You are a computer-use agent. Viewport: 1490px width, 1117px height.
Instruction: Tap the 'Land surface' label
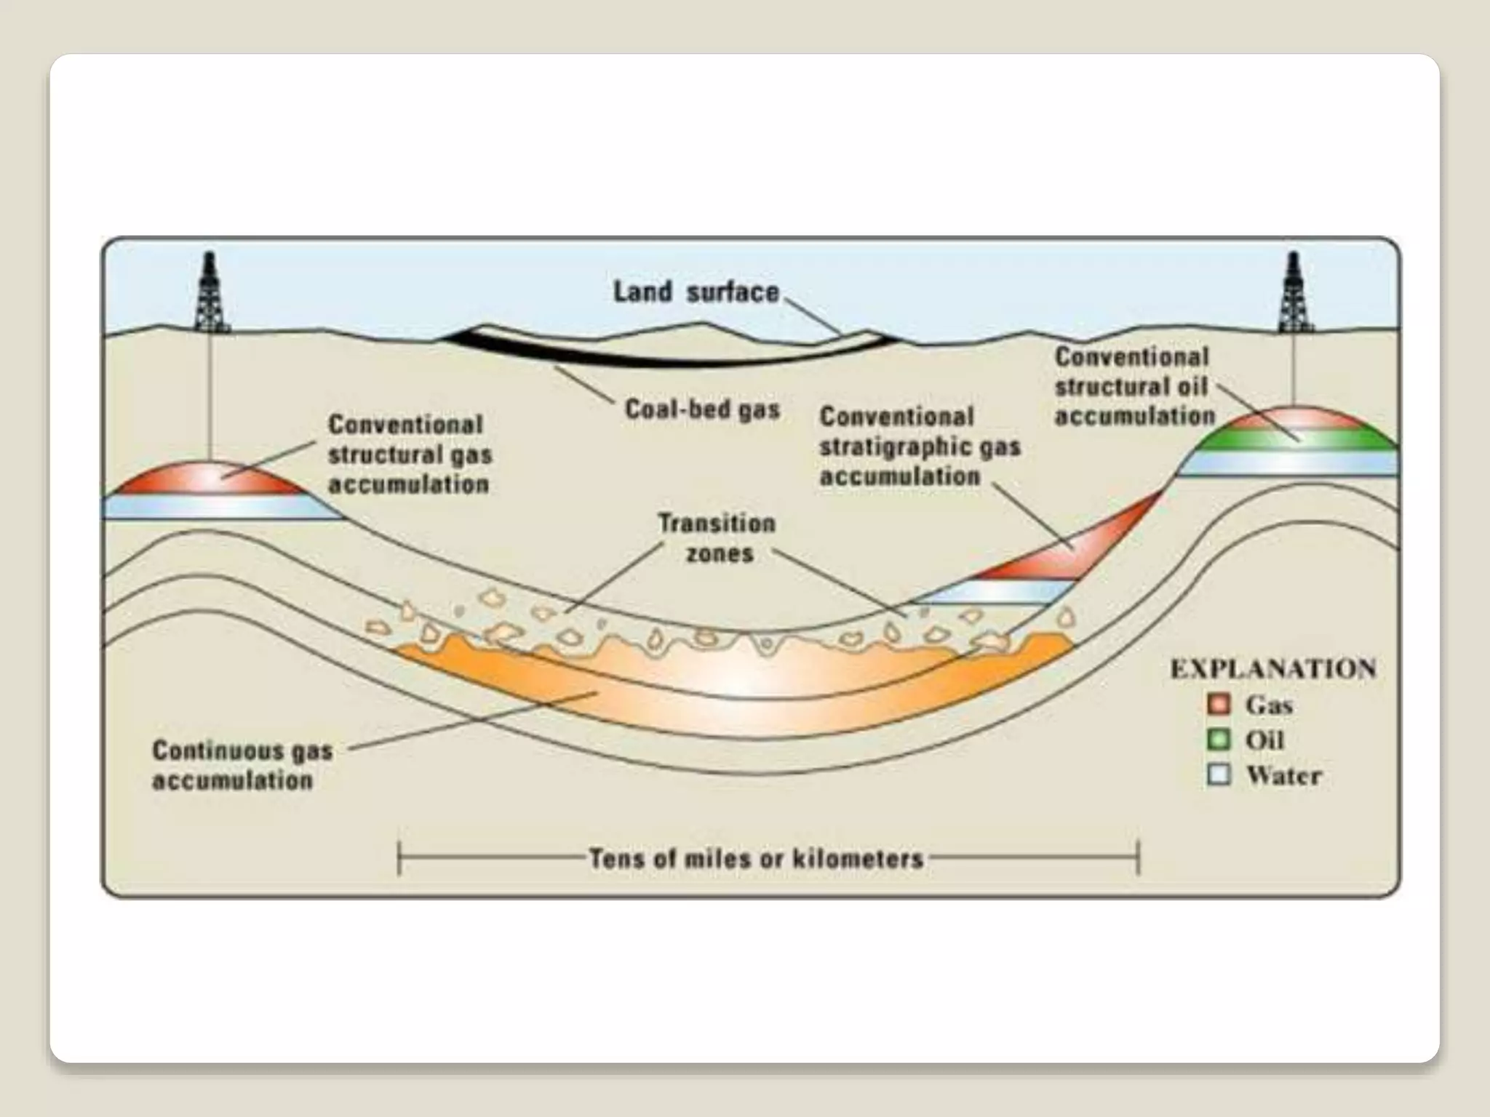696,292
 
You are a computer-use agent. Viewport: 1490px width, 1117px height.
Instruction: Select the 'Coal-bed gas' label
702,409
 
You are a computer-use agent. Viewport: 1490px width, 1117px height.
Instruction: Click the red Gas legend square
1218,704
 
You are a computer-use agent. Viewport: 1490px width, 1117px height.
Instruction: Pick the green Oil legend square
1218,740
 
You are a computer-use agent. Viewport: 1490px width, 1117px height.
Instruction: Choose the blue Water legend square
1218,774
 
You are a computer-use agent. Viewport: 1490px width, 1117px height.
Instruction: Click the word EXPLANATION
1273,669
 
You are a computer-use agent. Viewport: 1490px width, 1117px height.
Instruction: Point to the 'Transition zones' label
717,538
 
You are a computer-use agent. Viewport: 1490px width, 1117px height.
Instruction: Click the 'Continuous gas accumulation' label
242,765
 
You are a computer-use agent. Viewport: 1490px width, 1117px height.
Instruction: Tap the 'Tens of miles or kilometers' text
756,859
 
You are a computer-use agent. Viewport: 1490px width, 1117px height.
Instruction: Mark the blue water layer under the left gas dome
218,507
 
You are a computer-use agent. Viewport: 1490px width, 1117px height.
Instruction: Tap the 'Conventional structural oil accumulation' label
1134,386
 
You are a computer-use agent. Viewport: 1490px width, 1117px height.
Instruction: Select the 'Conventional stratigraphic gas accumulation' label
920,447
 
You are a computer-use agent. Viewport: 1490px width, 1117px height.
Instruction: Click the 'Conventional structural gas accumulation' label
410,455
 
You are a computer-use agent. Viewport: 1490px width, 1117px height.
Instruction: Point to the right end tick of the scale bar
1139,857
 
